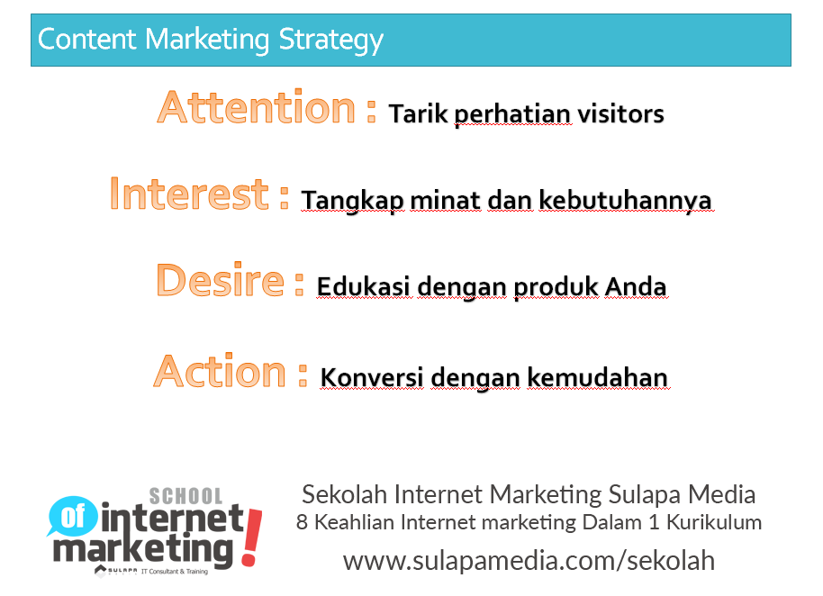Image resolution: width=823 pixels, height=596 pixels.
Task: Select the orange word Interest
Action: point(189,194)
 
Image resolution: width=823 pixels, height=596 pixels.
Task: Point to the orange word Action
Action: point(220,371)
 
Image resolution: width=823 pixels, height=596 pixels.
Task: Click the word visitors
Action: point(620,114)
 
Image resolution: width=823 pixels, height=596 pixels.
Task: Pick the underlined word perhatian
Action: point(512,115)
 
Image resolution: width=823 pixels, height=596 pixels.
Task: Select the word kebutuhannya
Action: point(625,200)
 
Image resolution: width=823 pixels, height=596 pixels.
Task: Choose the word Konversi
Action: point(372,376)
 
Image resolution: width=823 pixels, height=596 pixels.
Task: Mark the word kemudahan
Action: point(597,376)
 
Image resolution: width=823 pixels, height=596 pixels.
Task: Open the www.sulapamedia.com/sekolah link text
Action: point(529,560)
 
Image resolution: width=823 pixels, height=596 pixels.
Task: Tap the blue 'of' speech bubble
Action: point(70,517)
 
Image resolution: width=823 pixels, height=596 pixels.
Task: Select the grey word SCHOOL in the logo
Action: point(185,495)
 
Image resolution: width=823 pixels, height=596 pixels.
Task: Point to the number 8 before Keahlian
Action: point(303,522)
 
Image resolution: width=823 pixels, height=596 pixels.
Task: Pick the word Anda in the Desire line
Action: point(636,287)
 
